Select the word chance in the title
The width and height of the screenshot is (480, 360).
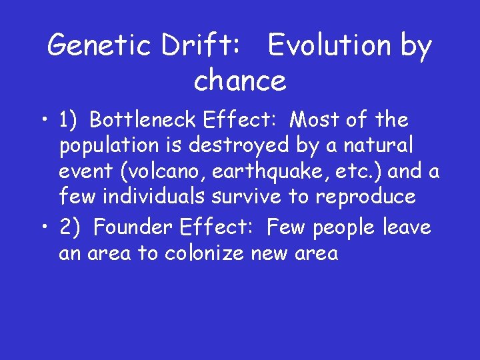point(239,81)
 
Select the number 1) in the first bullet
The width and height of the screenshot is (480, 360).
point(69,120)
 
